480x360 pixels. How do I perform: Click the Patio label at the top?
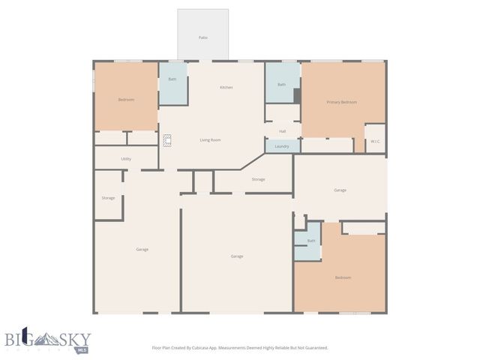[202, 37]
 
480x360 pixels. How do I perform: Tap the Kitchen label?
[226, 88]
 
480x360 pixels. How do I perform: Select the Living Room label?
[210, 140]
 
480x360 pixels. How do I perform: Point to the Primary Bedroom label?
[341, 102]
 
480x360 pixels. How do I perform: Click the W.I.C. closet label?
[375, 141]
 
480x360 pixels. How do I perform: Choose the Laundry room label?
[282, 146]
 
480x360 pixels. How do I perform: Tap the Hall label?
[282, 131]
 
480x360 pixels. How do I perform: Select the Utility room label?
[126, 159]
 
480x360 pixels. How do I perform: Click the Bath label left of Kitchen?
[172, 79]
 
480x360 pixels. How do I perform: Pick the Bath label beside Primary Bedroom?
[281, 85]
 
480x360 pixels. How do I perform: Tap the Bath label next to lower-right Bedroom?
[310, 241]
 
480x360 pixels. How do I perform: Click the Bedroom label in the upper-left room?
[126, 100]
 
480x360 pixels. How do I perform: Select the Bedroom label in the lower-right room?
[343, 277]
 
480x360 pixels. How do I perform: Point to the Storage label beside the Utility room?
[108, 198]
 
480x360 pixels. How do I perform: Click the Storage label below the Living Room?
[258, 179]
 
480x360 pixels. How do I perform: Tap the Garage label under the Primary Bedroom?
[340, 190]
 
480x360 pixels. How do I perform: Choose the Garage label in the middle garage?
[236, 256]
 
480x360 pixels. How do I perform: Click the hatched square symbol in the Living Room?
[168, 139]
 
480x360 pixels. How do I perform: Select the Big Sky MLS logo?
[46, 340]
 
